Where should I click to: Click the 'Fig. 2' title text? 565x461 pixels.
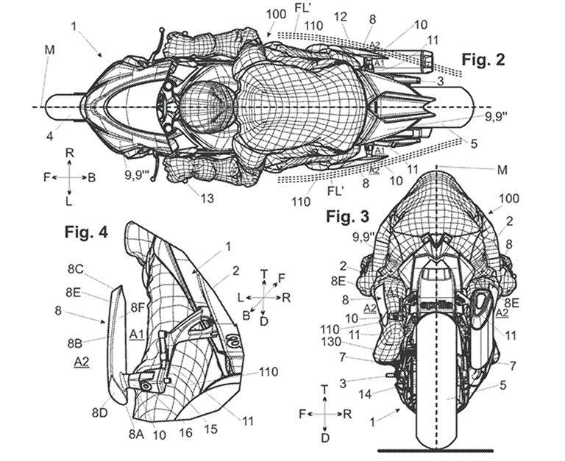[x=483, y=60]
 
